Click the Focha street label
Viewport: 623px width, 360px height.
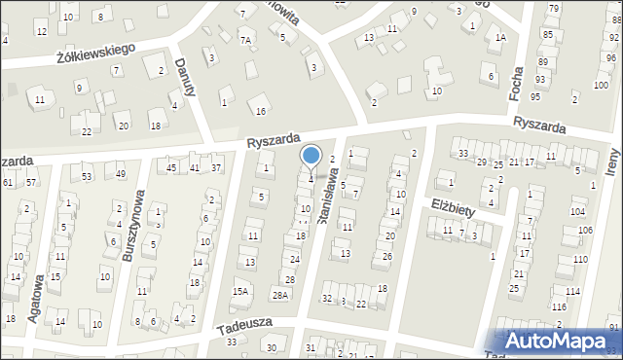pyautogui.click(x=517, y=83)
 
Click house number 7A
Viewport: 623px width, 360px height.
pyautogui.click(x=246, y=40)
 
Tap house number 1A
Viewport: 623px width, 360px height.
pyautogui.click(x=500, y=38)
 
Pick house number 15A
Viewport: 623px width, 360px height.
pyautogui.click(x=240, y=291)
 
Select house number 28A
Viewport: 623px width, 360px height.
pyautogui.click(x=280, y=295)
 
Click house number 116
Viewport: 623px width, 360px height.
pyautogui.click(x=559, y=306)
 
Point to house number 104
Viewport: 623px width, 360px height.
pyautogui.click(x=578, y=211)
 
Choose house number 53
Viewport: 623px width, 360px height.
pyautogui.click(x=87, y=176)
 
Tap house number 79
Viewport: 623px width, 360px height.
pyautogui.click(x=553, y=9)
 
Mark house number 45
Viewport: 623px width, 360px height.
pyautogui.click(x=171, y=168)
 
